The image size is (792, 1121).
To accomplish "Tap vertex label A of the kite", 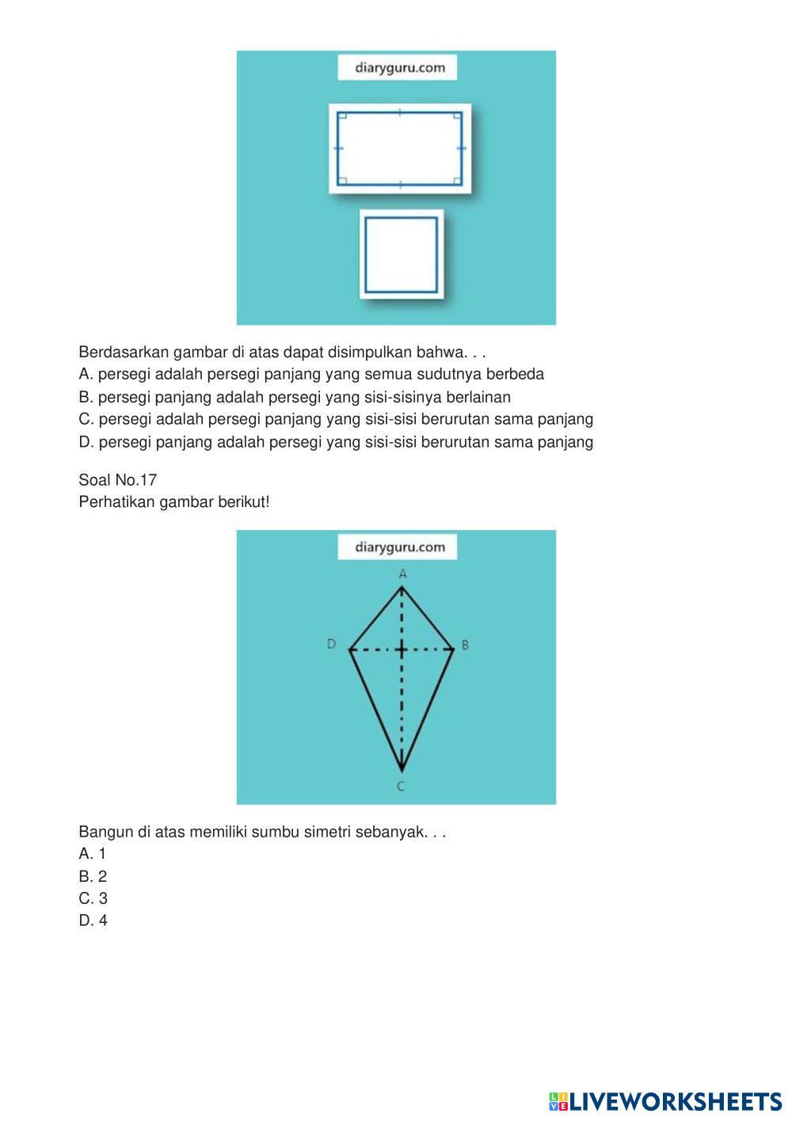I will [x=402, y=573].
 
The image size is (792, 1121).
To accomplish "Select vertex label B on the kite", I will [x=465, y=645].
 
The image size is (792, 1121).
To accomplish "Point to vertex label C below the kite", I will [x=401, y=786].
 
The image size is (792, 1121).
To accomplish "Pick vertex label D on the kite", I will [x=331, y=644].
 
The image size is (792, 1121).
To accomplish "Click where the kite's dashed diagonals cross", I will [x=402, y=650].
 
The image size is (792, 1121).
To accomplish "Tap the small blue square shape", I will [x=401, y=254].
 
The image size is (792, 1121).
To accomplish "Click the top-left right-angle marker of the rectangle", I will [x=342, y=117].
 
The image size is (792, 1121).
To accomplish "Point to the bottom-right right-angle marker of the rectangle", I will [x=457, y=181].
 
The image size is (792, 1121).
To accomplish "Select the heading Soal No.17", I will [x=118, y=480].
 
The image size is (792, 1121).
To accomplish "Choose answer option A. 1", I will [x=92, y=854].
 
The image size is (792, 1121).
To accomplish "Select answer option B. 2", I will [x=93, y=876].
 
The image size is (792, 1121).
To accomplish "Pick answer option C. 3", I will [x=93, y=898].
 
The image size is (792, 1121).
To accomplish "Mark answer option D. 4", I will [x=93, y=921].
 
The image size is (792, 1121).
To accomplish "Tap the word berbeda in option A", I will [x=515, y=374].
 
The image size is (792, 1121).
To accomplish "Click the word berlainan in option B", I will [x=478, y=397].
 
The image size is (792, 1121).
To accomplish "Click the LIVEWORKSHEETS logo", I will [x=664, y=1102].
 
